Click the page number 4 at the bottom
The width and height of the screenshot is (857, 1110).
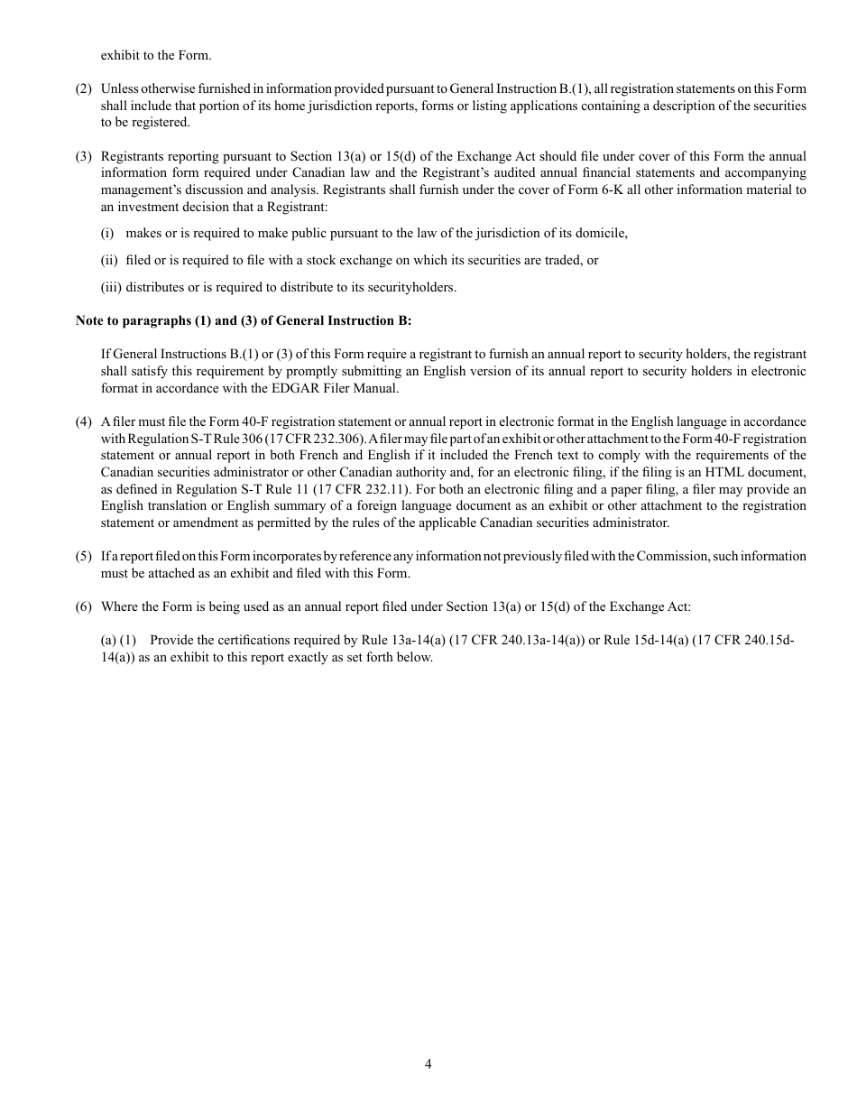click(428, 1064)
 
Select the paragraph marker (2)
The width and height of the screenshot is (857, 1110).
click(84, 88)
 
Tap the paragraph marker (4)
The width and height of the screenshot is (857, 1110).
click(84, 422)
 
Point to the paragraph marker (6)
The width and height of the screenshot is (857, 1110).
click(84, 606)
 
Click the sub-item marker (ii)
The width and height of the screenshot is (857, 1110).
click(109, 260)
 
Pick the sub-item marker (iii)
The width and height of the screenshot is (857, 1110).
click(111, 287)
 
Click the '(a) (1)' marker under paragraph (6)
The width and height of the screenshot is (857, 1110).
click(118, 641)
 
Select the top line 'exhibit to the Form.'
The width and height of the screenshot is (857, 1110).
click(156, 55)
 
